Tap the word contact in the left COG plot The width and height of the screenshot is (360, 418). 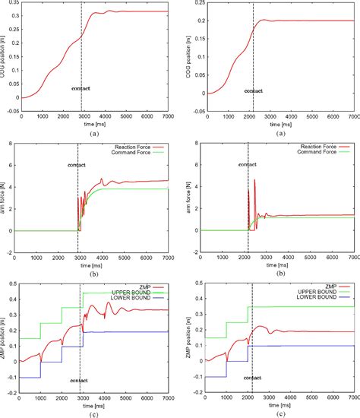point(80,88)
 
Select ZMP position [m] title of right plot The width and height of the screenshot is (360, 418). point(179,338)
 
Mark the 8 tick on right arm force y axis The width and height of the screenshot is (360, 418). point(190,143)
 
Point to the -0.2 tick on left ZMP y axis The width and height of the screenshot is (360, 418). point(11,393)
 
